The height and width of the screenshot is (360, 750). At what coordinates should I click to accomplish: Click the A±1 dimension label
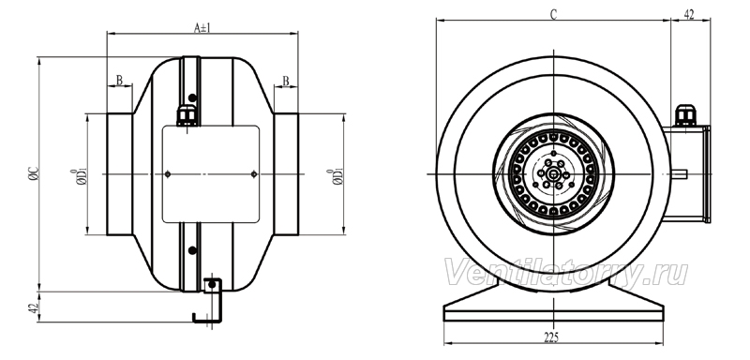point(202,27)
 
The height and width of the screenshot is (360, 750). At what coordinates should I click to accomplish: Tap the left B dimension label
point(120,81)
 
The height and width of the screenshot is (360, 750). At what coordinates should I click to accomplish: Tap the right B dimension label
point(286,81)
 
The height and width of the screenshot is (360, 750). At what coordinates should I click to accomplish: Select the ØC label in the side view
point(33,174)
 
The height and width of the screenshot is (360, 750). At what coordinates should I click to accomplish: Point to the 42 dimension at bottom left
point(33,307)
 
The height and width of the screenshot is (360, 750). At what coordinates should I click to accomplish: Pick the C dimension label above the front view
point(553,15)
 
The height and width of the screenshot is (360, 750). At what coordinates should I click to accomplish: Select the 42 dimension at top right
point(689,15)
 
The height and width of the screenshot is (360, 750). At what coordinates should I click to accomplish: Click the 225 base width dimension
point(551,337)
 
